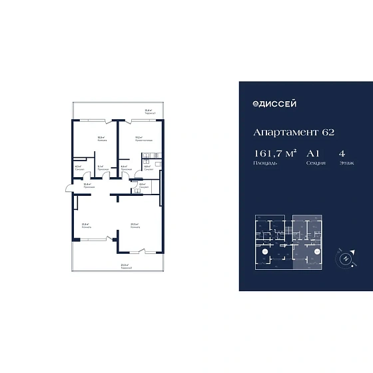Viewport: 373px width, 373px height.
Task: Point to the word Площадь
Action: [x=261, y=163]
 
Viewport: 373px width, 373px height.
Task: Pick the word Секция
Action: [x=314, y=163]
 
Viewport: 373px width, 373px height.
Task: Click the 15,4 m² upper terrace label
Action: [x=150, y=111]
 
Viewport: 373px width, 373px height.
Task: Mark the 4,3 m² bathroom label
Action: [x=78, y=168]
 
